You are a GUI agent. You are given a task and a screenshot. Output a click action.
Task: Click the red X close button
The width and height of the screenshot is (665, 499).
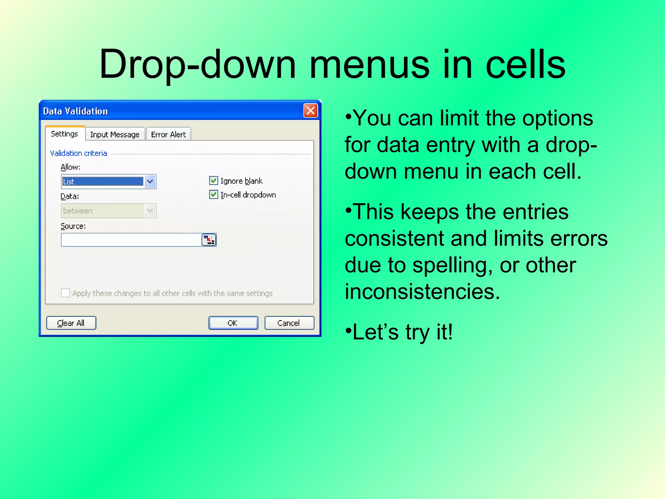[x=310, y=111]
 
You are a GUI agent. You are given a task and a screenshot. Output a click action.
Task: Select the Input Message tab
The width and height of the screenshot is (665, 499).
[x=115, y=134]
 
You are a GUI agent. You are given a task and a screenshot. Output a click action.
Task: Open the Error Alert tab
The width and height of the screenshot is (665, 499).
[x=168, y=134]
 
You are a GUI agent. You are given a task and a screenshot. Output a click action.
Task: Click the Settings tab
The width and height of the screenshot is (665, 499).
[x=65, y=134]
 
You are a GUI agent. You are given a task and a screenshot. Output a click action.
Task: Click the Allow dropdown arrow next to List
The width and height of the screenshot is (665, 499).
[x=150, y=182]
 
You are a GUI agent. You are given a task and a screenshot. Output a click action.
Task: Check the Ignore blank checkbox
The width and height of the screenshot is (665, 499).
[x=213, y=181]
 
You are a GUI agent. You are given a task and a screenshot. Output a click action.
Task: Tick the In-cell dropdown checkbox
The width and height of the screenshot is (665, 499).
[x=213, y=195]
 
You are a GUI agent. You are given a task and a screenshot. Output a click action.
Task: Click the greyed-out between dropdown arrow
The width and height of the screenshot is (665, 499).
[x=150, y=211]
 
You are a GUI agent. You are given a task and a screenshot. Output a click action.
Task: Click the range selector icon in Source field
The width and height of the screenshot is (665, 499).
[x=209, y=240]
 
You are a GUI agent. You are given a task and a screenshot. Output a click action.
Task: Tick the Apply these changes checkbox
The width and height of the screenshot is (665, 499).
[x=65, y=293]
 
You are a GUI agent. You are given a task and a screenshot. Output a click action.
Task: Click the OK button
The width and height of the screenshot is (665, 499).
[x=233, y=323]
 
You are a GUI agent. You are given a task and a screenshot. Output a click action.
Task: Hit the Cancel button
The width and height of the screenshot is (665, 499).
[x=289, y=323]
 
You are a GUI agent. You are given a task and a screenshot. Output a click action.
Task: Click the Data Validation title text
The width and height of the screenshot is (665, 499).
[x=75, y=111]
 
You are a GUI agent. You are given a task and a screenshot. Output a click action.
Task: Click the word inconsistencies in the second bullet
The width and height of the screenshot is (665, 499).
[x=422, y=291]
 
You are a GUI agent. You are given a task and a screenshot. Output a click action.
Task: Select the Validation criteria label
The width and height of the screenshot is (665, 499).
[x=79, y=153]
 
